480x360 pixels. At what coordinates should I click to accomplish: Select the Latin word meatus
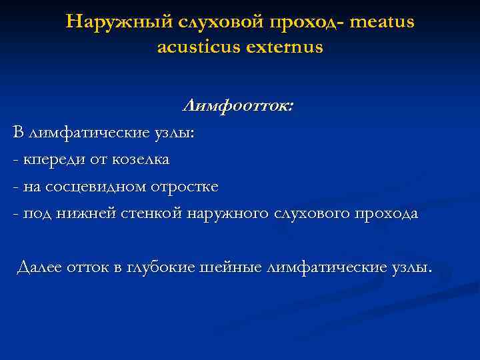(x=381, y=22)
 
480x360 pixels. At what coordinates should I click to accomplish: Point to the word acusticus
(x=197, y=48)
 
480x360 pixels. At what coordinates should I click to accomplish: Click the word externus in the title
(x=281, y=48)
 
